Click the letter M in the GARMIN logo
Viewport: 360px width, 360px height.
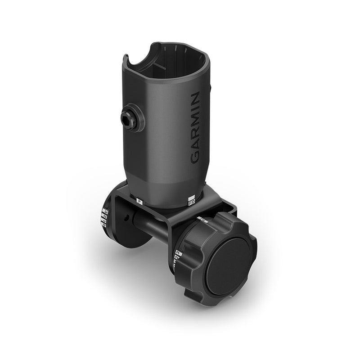click(195, 122)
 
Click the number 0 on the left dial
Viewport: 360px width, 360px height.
click(103, 225)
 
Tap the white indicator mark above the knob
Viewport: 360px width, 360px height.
click(202, 220)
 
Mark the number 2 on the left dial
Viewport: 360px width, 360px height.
click(104, 217)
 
